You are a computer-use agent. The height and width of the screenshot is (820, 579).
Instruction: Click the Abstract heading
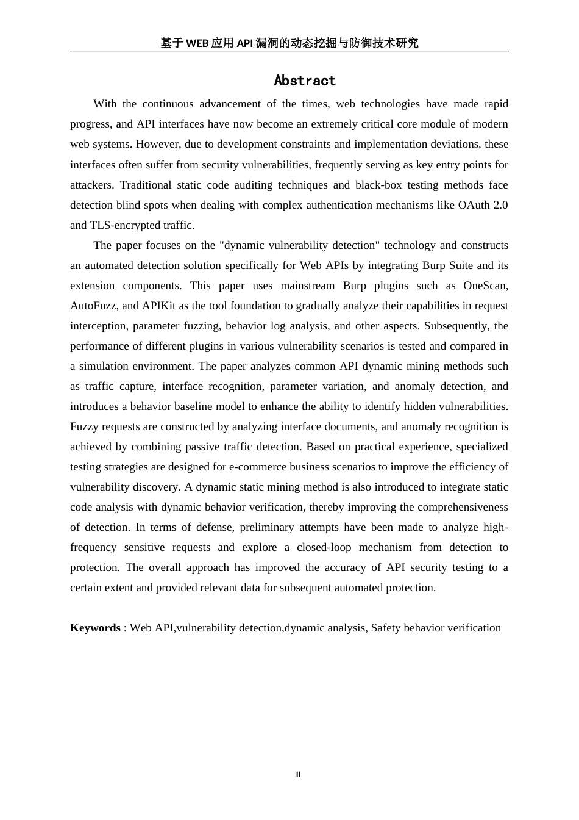tap(305, 81)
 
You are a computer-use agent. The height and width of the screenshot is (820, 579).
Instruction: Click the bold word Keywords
tap(95, 628)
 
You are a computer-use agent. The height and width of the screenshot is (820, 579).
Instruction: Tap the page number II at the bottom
tap(298, 775)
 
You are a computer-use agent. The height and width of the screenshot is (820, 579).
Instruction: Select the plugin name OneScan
tap(485, 286)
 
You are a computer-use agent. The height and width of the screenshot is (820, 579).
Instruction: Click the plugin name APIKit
tap(158, 306)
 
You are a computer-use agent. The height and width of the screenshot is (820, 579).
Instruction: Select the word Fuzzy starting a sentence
tap(84, 426)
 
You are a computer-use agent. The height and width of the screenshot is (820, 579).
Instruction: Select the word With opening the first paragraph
tap(105, 104)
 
